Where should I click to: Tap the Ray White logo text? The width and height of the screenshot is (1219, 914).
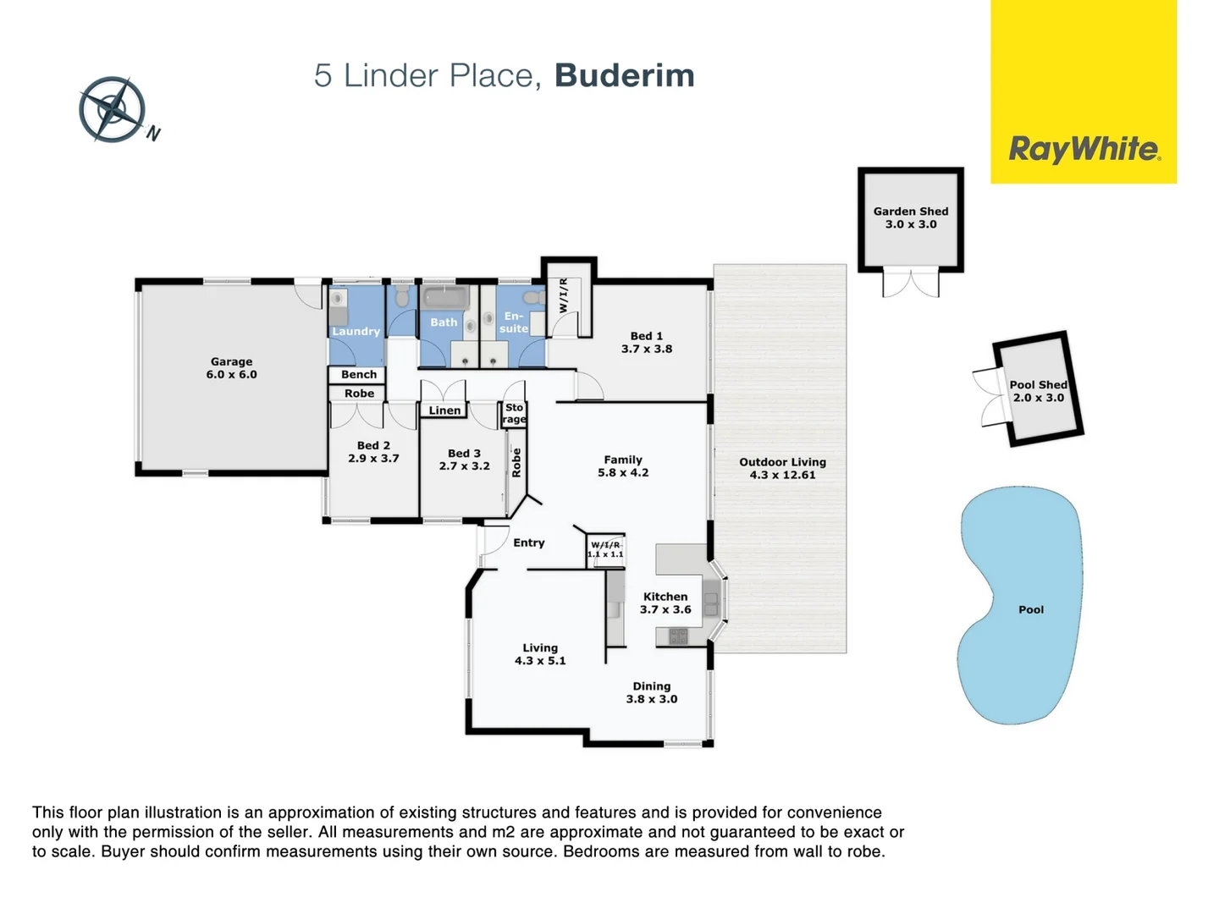click(1084, 150)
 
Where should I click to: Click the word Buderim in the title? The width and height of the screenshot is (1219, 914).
click(624, 75)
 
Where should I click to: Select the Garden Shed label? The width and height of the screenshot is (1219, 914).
click(911, 212)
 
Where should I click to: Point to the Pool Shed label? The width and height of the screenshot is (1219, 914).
click(1038, 385)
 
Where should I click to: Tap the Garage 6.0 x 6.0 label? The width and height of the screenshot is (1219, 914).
click(231, 368)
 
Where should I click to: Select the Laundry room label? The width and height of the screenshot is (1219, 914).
click(356, 331)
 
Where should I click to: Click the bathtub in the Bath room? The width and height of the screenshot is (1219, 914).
click(445, 297)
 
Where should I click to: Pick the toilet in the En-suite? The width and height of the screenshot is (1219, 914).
click(533, 298)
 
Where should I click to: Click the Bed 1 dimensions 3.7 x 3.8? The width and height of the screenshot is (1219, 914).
click(647, 349)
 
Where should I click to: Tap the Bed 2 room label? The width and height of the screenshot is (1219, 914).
click(373, 445)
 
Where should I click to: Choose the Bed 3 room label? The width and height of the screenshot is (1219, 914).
click(464, 454)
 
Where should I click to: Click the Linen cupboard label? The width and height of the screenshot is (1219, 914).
click(444, 410)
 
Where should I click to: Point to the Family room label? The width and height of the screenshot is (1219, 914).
click(623, 460)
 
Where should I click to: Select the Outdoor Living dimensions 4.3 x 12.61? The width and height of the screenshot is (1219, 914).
click(782, 475)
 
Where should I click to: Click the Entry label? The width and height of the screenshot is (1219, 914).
click(529, 542)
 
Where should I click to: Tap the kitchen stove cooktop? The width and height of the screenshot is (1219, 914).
click(678, 636)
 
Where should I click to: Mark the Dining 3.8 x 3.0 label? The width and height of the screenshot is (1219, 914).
click(652, 692)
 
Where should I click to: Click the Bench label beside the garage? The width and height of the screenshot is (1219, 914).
click(359, 374)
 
